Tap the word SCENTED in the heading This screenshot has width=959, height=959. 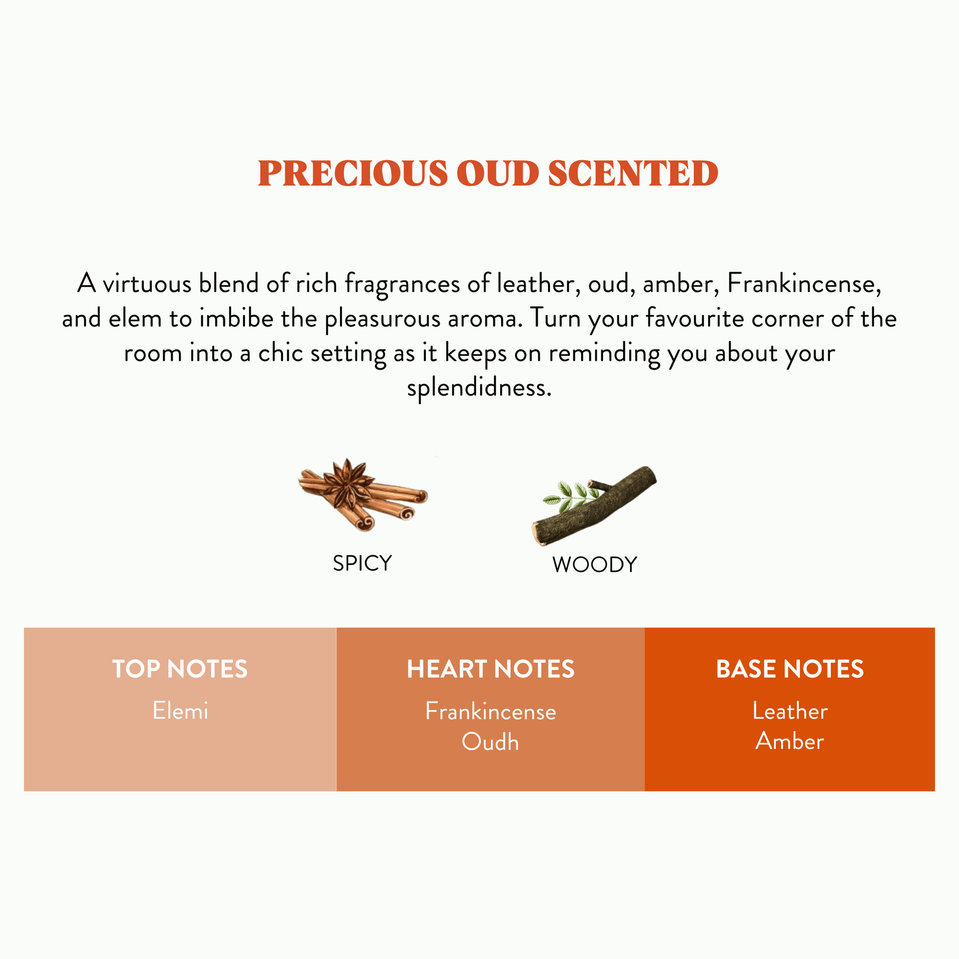(x=633, y=173)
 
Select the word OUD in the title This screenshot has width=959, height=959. (x=497, y=173)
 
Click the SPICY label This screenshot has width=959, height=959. (x=362, y=563)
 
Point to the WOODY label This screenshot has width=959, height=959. (x=594, y=565)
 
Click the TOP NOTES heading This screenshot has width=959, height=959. (x=180, y=669)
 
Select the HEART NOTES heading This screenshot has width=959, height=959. (x=490, y=669)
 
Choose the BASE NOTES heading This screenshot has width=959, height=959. (x=790, y=669)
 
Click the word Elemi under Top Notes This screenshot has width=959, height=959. (x=180, y=711)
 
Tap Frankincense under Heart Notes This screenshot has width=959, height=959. (x=490, y=712)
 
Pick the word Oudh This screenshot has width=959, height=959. (x=490, y=742)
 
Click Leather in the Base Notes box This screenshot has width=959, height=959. (x=790, y=711)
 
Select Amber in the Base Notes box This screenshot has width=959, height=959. (x=790, y=741)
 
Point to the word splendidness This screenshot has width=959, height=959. (x=479, y=388)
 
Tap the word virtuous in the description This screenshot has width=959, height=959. (x=146, y=284)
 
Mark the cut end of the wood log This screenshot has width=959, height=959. (x=538, y=534)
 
